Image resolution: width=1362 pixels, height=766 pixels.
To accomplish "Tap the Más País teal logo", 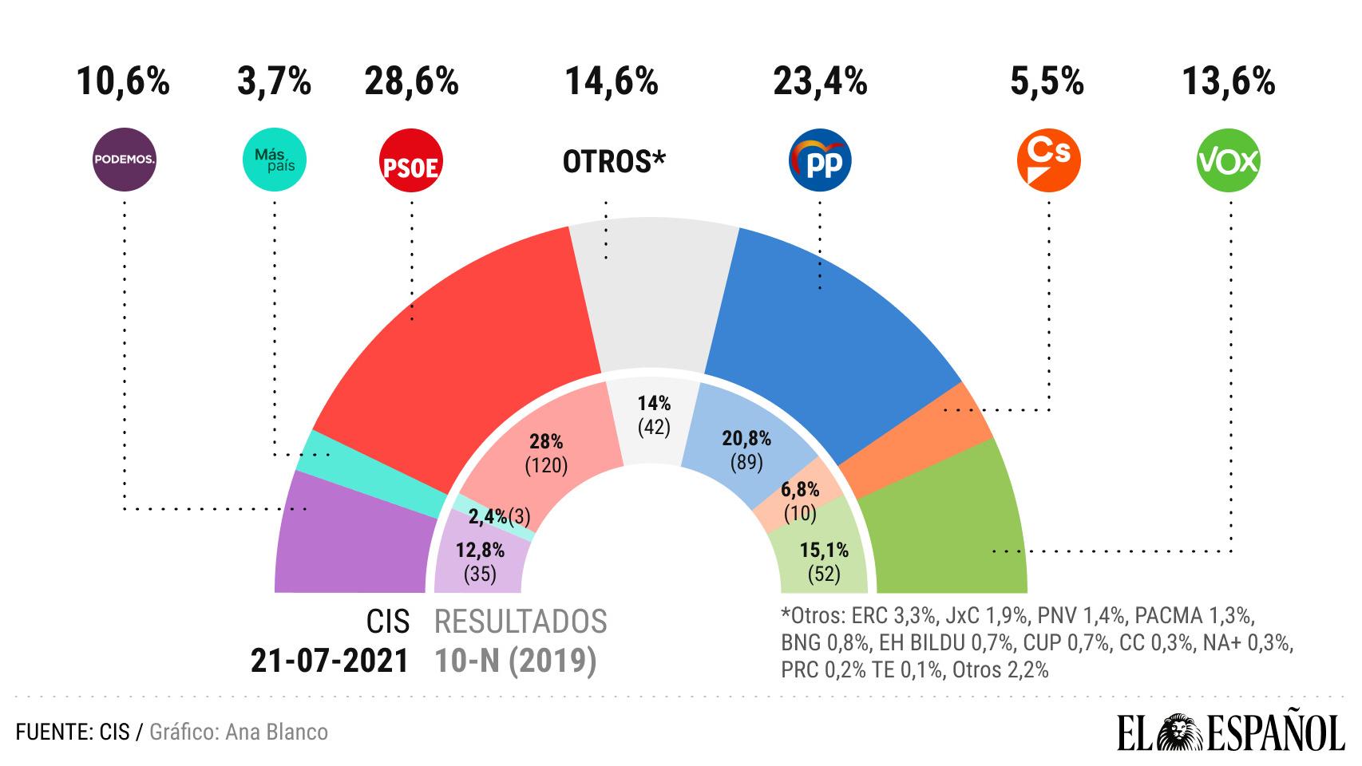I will [x=274, y=160].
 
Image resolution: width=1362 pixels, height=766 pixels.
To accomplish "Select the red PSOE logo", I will [x=411, y=163].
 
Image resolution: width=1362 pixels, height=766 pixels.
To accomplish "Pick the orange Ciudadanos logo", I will [x=1048, y=160].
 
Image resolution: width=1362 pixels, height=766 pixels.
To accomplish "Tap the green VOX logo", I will [x=1229, y=160].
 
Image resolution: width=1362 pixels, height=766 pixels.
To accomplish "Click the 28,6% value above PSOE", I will [x=411, y=81].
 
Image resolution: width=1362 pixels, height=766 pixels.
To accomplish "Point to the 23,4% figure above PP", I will [x=820, y=81].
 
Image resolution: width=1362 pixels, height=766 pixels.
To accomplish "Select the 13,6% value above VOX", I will [x=1229, y=81].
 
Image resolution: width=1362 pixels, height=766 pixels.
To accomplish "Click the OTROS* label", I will [x=614, y=161].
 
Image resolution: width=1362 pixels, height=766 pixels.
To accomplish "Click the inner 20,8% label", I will [x=746, y=438].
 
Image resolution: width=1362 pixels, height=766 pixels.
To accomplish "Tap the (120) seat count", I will [x=546, y=465].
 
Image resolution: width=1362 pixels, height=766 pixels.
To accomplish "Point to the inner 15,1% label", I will [x=823, y=550].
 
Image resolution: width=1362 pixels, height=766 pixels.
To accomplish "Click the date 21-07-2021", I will [x=330, y=661].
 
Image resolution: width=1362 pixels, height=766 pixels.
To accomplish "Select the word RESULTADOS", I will [x=521, y=622].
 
